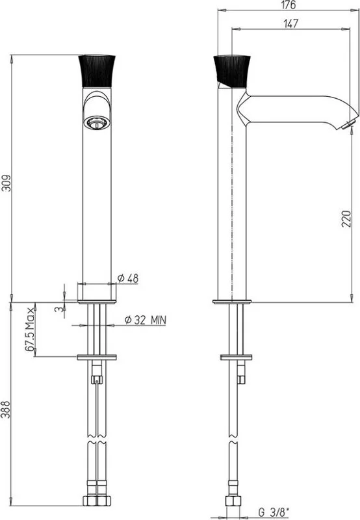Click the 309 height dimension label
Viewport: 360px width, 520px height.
tap(6, 183)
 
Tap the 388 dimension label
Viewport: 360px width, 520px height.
tap(6, 409)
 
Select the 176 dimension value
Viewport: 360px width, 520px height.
tap(288, 5)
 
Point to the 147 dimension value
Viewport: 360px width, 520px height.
tap(290, 23)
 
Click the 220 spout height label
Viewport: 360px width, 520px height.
tap(346, 218)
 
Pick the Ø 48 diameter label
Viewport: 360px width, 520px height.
tap(128, 278)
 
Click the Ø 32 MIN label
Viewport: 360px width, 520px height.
tap(145, 320)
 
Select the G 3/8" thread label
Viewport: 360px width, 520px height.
tap(274, 512)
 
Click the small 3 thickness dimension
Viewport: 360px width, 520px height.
tap(59, 309)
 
